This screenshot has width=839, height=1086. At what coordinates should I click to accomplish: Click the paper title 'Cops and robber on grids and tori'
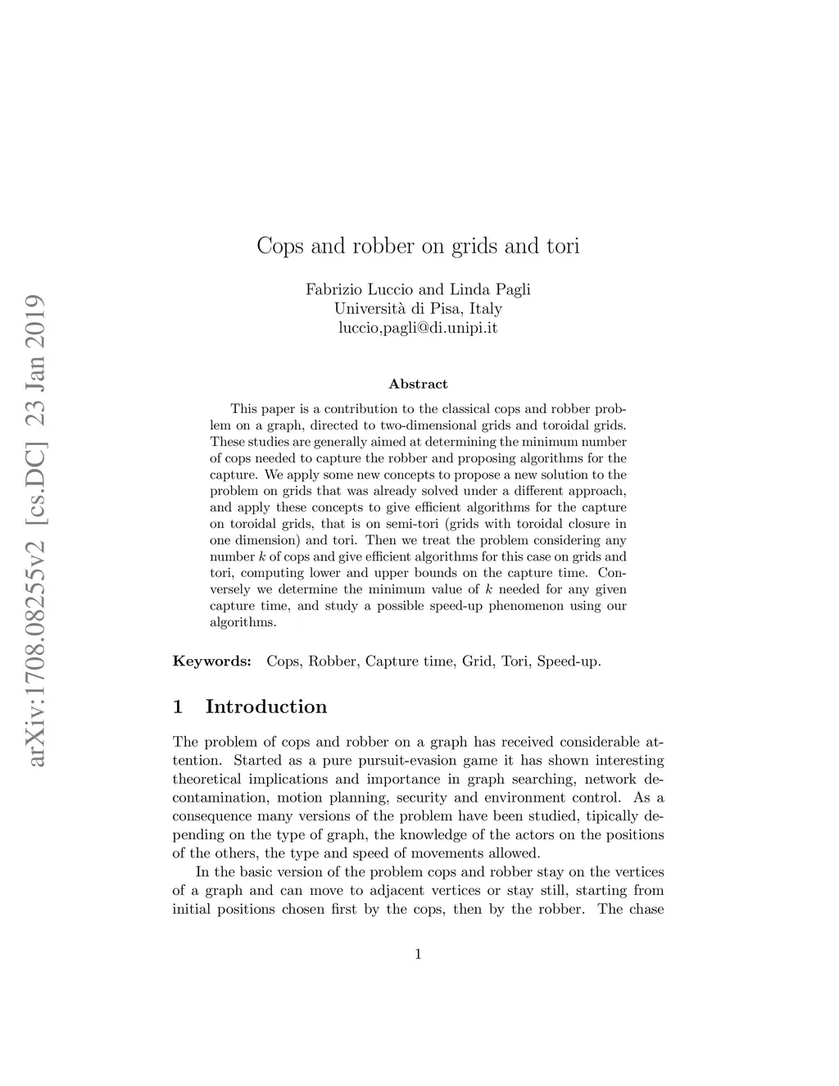pos(418,246)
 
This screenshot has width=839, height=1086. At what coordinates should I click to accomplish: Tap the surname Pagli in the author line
pos(512,289)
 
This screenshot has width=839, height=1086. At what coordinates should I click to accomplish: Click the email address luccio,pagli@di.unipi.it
pos(418,329)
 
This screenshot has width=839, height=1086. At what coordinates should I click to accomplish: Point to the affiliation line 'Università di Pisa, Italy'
pos(418,309)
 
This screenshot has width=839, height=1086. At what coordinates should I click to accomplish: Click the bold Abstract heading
pos(418,384)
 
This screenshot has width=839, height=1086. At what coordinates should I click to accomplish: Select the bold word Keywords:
pos(211,661)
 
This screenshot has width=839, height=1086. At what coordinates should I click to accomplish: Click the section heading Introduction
pos(265,707)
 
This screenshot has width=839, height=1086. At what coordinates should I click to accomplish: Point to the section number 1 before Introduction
pos(178,707)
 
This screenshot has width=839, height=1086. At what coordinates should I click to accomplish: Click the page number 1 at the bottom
pos(418,953)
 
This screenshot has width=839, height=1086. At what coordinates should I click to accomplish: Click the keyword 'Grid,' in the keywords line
pos(478,661)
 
